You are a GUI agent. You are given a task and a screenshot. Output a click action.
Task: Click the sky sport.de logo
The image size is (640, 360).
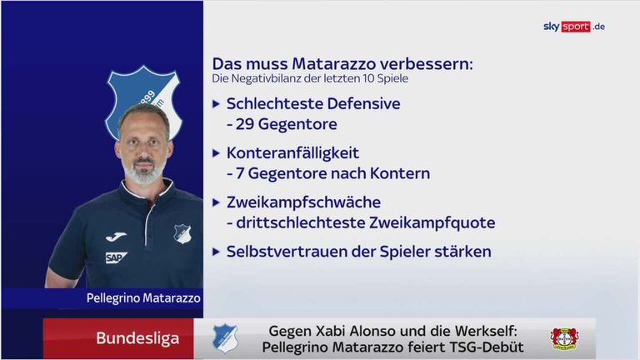coord(573,27)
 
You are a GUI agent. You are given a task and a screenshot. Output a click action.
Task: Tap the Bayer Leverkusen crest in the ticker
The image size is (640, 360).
coord(564,338)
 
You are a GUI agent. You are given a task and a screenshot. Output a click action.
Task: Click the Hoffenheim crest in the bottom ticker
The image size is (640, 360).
coord(225,338)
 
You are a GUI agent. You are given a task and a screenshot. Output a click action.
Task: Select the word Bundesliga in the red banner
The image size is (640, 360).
coord(126,338)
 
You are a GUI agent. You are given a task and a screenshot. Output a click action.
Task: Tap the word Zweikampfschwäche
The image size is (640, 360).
coord(303,202)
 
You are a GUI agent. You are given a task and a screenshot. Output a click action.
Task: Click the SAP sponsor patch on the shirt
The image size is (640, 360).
coord(117,257)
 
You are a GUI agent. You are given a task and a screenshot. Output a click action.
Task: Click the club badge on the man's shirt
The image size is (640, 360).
coord(182,235)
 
